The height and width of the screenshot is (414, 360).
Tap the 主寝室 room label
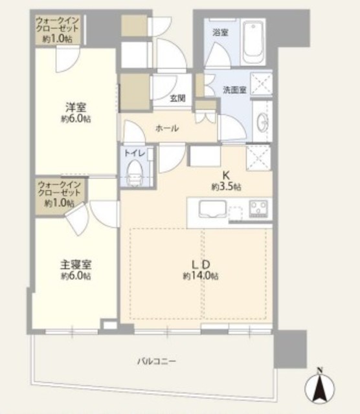[x=76, y=265]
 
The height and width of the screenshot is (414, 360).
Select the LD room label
[x=200, y=264]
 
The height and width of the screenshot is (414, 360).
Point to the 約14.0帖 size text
[x=200, y=276]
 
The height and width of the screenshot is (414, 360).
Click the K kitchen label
[x=227, y=175]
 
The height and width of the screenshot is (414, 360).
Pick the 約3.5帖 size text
[x=227, y=186]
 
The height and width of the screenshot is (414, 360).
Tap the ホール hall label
[x=166, y=129]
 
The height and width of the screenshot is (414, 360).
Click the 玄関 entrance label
[x=177, y=99]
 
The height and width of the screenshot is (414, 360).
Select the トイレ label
[x=135, y=153]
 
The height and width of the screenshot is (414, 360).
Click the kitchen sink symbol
[x=211, y=210]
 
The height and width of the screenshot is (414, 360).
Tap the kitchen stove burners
[x=259, y=209]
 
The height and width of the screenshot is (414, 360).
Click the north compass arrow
[x=319, y=389]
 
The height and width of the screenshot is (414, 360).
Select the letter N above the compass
[x=319, y=371]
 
